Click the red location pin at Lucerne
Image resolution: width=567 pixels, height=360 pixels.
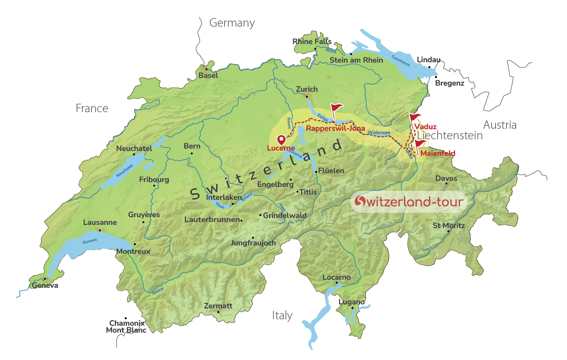tap(281, 140)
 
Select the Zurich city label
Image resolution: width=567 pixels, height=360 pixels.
tap(306, 89)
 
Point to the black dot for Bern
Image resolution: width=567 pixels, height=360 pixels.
tap(192, 153)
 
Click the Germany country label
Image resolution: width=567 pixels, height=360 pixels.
tap(232, 23)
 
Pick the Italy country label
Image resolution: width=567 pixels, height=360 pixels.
tap(282, 316)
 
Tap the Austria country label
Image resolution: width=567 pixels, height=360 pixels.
tap(500, 125)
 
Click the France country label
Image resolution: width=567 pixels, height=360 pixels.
tap(92, 109)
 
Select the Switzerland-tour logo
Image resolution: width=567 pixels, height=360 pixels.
tap(409, 201)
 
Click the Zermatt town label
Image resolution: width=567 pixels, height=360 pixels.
tap(218, 306)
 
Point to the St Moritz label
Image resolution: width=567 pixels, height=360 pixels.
tap(448, 226)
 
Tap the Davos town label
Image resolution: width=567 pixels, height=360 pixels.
tap(446, 178)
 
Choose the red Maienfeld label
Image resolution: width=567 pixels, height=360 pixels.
tap(438, 153)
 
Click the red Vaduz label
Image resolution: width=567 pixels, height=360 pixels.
tap(425, 127)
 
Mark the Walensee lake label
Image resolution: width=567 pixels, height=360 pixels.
tap(379, 132)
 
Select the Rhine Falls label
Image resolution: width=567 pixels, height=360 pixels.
tap(312, 42)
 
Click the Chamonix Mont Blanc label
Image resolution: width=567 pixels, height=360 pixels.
tap(126, 327)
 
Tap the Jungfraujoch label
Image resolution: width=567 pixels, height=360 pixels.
tap(253, 243)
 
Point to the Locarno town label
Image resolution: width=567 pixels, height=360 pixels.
tap(336, 278)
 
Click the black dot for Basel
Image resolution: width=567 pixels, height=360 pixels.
tap(206, 69)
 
